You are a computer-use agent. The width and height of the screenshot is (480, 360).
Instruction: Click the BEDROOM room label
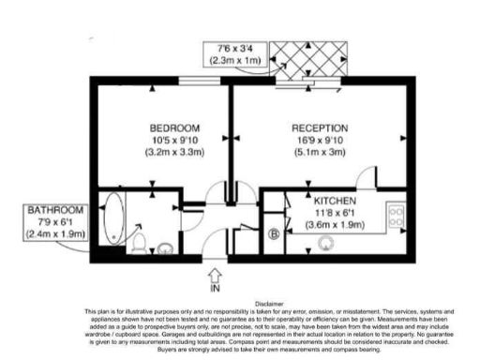[173, 127]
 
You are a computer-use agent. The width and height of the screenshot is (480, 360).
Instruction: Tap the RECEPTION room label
[320, 127]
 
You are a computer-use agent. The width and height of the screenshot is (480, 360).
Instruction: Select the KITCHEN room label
[333, 201]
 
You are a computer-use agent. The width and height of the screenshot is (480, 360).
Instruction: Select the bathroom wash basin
[165, 248]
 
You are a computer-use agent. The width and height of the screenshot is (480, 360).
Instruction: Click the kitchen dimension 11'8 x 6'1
[333, 213]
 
